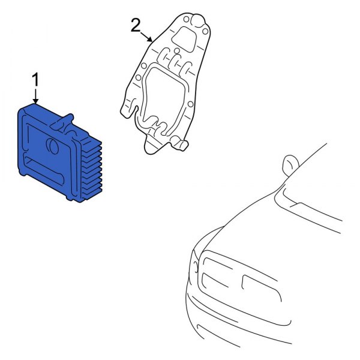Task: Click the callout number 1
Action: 35,80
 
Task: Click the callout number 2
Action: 136,25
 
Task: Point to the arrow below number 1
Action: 35,96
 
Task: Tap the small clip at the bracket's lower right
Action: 181,144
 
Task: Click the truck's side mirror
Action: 290,163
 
